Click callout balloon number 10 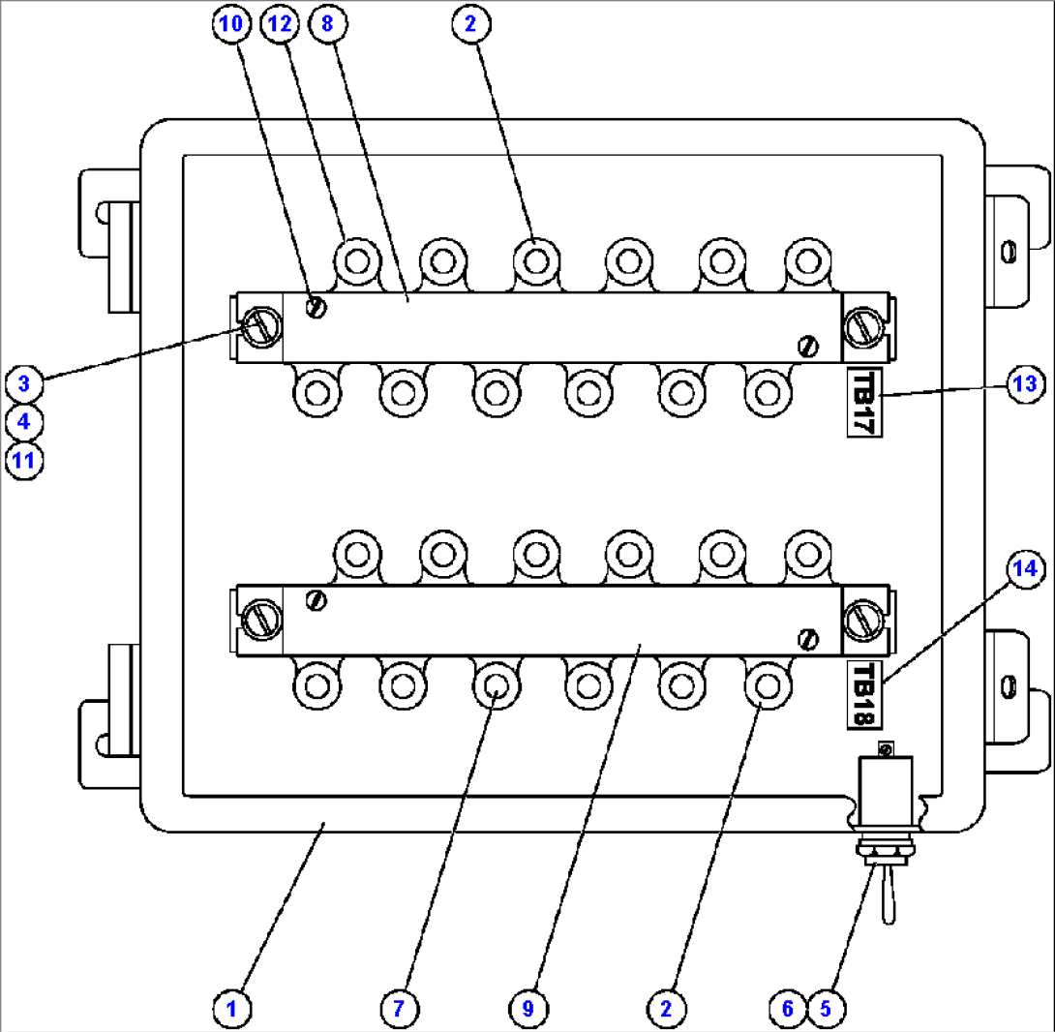click(230, 25)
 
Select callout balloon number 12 click(280, 25)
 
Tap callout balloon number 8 click(326, 25)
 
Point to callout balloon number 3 click(23, 383)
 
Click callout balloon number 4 click(23, 422)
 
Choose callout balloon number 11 click(23, 460)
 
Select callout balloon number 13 click(1023, 383)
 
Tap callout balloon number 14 click(1023, 568)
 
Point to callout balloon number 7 click(399, 1008)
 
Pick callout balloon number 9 click(527, 1008)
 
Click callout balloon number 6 click(787, 1008)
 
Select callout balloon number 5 click(825, 1008)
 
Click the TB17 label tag click(861, 402)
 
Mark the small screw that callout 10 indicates click(316, 308)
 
